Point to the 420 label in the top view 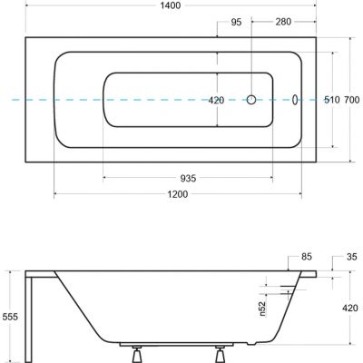[216, 101]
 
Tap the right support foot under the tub [221, 356]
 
